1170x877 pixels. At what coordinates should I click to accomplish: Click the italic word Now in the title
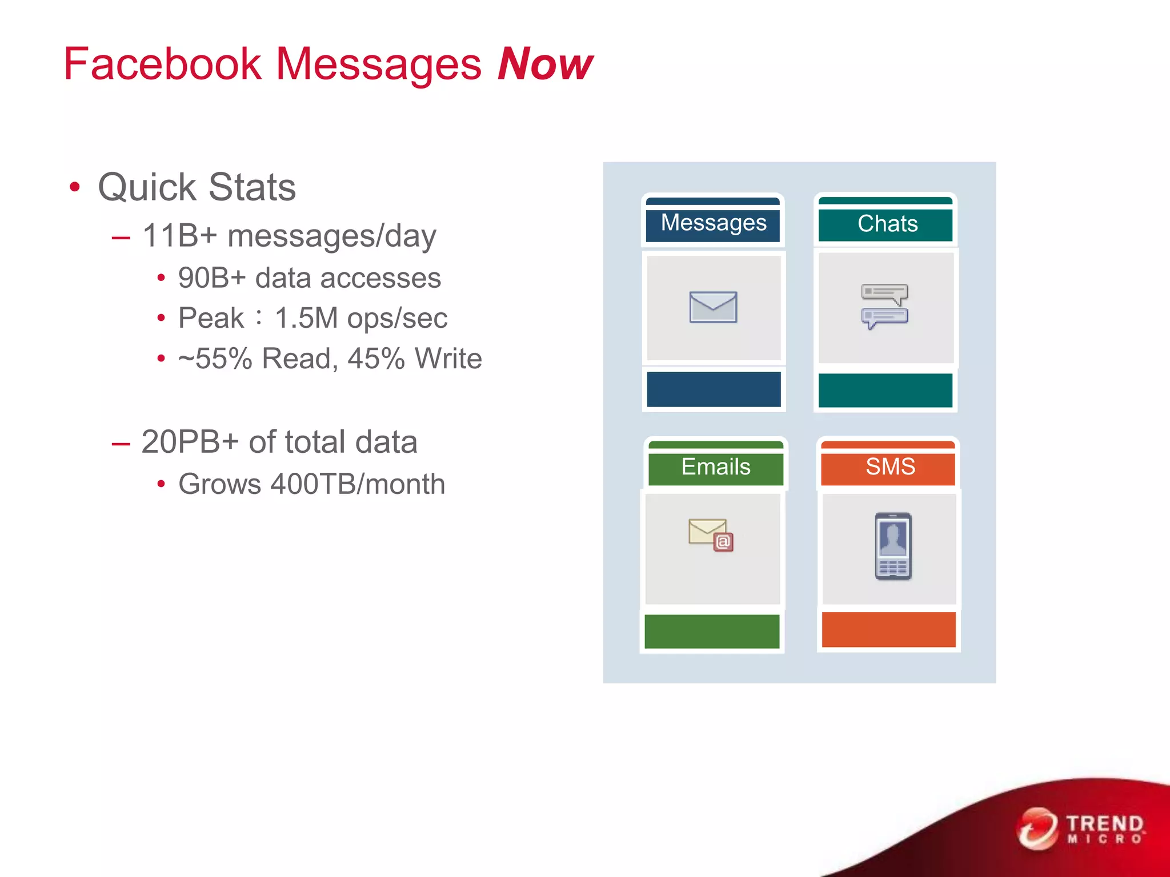point(545,64)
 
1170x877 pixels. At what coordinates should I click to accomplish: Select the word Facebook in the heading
point(162,64)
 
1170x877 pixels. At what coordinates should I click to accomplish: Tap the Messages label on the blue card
point(713,223)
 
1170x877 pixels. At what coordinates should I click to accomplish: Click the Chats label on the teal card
point(887,224)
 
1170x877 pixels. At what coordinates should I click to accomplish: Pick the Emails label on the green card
point(715,467)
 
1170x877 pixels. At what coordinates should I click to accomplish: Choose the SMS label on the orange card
point(890,466)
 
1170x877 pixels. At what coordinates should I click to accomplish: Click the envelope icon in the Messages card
point(713,307)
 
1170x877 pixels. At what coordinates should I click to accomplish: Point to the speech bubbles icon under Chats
point(884,306)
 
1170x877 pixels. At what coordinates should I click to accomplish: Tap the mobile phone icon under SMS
point(893,546)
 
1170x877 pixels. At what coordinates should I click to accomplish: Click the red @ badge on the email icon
point(723,542)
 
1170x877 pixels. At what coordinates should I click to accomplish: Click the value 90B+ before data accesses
point(212,279)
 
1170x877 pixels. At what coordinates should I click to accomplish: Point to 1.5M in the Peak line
point(306,319)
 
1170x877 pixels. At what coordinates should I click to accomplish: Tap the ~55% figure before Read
point(215,359)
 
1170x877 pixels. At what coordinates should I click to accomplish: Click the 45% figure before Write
point(376,359)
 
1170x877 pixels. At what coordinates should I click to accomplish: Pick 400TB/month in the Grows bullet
point(358,484)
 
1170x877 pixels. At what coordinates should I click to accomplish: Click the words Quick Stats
point(197,187)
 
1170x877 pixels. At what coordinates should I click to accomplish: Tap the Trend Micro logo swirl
point(1036,828)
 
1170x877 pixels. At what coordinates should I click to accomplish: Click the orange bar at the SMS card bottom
point(888,630)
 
